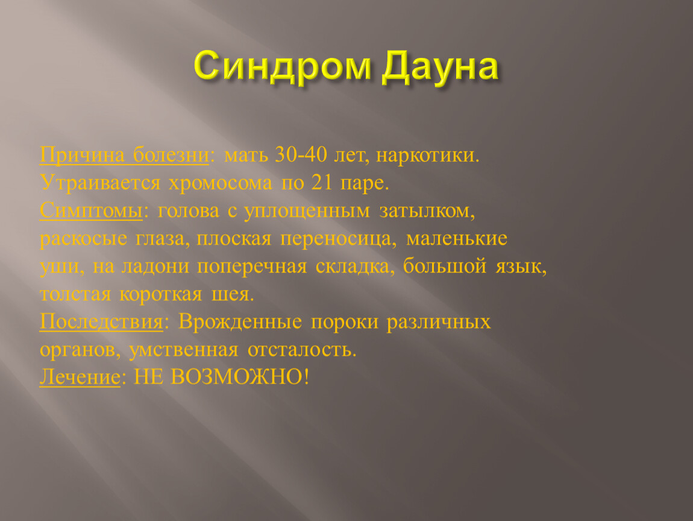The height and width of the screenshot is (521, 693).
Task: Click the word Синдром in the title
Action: (x=283, y=67)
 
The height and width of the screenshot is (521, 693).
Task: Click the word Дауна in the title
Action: (x=441, y=67)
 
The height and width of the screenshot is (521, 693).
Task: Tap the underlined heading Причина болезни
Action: (x=124, y=156)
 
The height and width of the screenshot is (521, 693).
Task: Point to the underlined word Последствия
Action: (x=102, y=322)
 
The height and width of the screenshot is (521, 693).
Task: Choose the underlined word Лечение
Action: (x=80, y=377)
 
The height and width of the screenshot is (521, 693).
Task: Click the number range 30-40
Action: (x=301, y=155)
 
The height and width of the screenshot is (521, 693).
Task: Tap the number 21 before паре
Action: (x=322, y=182)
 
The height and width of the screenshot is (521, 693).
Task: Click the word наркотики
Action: (x=428, y=156)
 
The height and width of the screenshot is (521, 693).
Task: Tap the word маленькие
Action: (x=457, y=239)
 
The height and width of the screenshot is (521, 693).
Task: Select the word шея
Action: (x=233, y=294)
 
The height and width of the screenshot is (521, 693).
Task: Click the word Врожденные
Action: (x=240, y=322)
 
